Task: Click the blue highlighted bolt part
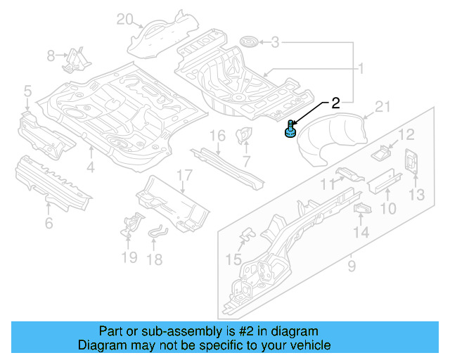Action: [x=290, y=131]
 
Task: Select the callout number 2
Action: [x=335, y=103]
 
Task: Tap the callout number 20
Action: [x=124, y=19]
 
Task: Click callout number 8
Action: [x=51, y=56]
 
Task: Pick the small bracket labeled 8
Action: [x=74, y=59]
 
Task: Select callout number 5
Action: [x=27, y=90]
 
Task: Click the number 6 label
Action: [x=49, y=224]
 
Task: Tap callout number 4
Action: [x=90, y=167]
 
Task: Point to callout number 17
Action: [x=184, y=175]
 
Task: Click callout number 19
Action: [x=129, y=257]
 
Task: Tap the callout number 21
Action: [x=382, y=107]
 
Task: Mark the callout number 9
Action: [x=352, y=266]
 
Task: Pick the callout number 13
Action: [x=417, y=194]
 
